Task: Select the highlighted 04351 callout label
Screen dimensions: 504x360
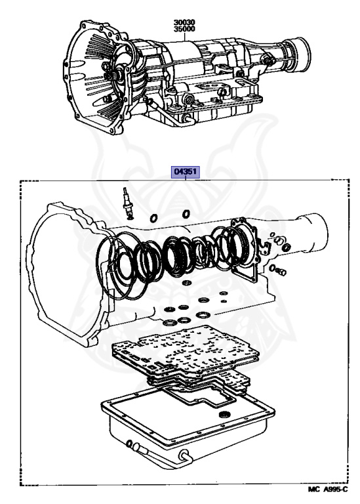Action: (186, 172)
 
